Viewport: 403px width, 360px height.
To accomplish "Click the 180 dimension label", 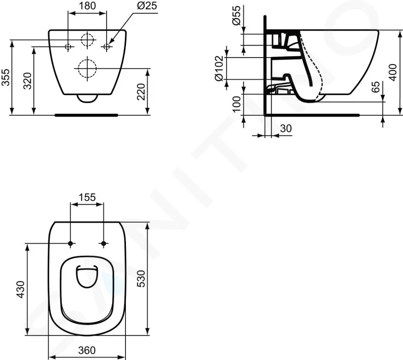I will [x=87, y=6].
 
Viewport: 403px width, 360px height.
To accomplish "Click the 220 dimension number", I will [x=141, y=91].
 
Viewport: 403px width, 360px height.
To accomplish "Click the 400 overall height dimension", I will [x=392, y=72].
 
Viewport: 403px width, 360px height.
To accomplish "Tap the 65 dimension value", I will [x=376, y=87].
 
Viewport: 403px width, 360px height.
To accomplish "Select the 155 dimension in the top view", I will [x=87, y=197].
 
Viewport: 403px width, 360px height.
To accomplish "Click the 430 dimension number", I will [x=20, y=290].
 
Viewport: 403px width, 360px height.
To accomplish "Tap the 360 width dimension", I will [x=87, y=350].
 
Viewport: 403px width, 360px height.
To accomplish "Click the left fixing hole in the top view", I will [x=71, y=244].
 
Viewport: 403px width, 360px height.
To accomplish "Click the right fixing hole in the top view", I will [x=104, y=244].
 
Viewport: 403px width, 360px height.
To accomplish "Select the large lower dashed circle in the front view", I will [x=86, y=68].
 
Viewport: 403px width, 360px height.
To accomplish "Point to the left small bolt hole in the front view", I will [x=68, y=47].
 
